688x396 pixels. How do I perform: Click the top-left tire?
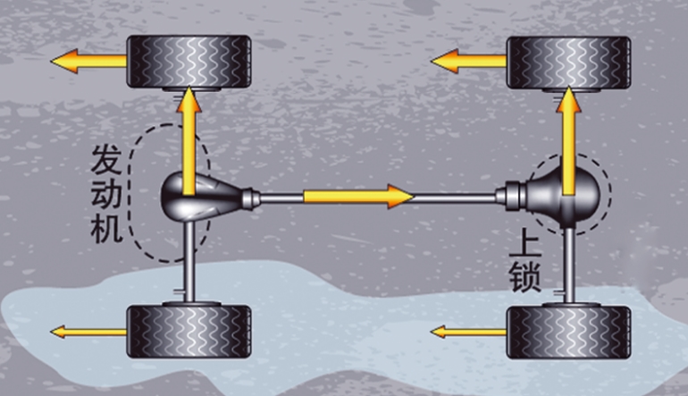[189, 61]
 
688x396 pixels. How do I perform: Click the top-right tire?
[568, 63]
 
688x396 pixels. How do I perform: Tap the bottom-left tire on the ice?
[189, 331]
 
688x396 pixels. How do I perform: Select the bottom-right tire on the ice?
[568, 333]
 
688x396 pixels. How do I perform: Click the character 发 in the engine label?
[106, 160]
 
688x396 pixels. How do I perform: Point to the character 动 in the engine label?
[106, 194]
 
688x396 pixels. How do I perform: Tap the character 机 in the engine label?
[106, 227]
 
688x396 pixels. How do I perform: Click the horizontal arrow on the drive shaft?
[358, 197]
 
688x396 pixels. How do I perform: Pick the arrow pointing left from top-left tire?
[88, 61]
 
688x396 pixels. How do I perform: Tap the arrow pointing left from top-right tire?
[468, 61]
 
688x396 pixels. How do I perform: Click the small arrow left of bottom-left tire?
[88, 332]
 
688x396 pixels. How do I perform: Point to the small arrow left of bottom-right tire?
[468, 332]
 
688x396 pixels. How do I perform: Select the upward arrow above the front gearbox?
[189, 140]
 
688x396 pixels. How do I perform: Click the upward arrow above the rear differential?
[568, 140]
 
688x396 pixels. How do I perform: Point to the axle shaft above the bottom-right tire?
[568, 265]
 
